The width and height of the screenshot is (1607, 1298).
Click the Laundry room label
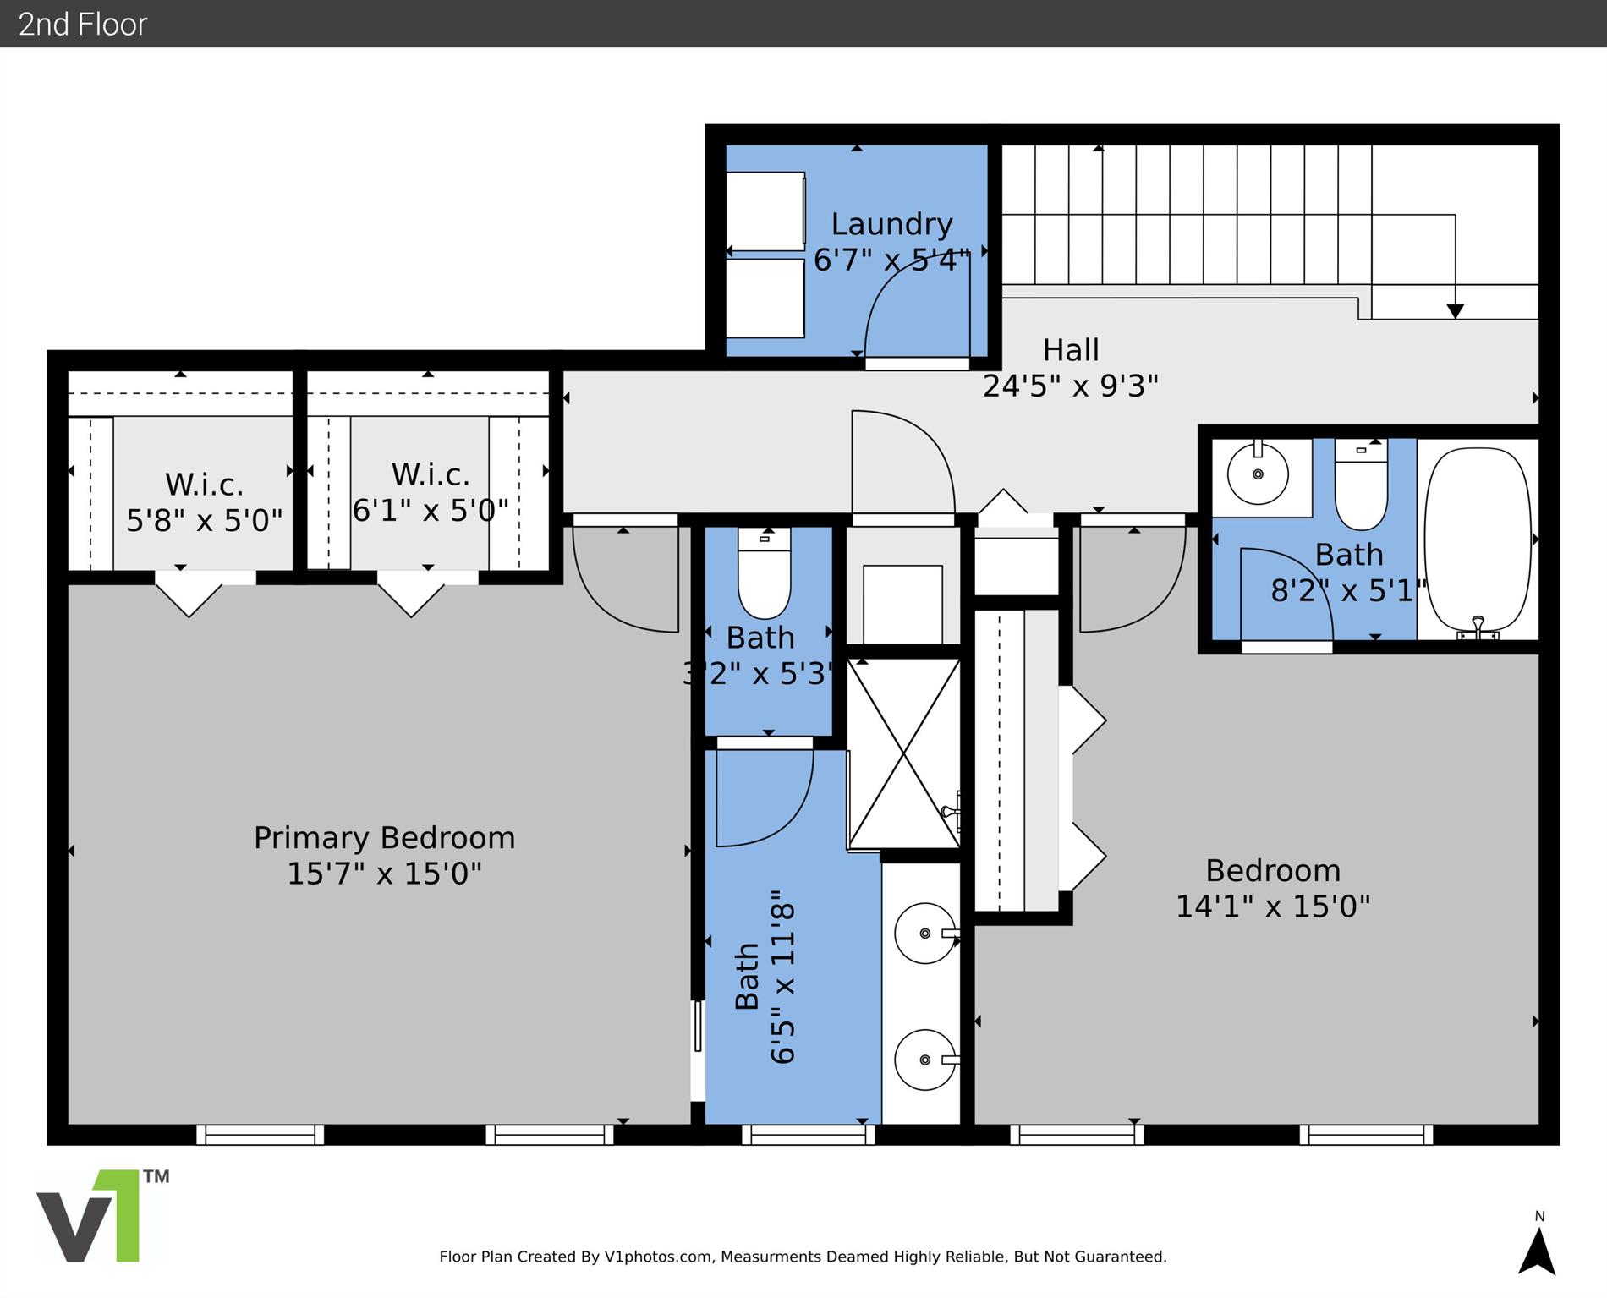[891, 224]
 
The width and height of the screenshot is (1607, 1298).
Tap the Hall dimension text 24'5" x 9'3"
[1070, 386]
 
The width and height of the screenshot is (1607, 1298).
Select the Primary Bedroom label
[384, 838]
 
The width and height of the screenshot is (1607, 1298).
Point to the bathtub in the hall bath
[1478, 542]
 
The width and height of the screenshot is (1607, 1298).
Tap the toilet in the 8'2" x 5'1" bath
[1361, 485]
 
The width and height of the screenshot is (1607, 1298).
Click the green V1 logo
[101, 1216]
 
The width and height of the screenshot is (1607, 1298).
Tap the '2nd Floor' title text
[83, 25]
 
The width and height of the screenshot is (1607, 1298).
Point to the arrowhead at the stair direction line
[1455, 311]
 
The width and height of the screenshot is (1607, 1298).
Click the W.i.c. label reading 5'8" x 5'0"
[204, 502]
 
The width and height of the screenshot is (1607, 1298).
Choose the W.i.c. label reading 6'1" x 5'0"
[431, 492]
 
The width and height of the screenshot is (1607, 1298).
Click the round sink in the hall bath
[1259, 474]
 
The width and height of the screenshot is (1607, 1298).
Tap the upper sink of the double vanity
[926, 934]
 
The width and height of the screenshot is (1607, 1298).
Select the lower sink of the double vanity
[926, 1060]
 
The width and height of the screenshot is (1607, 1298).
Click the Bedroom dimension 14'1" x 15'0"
[1273, 906]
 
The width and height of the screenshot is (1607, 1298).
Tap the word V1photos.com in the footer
[658, 1257]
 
